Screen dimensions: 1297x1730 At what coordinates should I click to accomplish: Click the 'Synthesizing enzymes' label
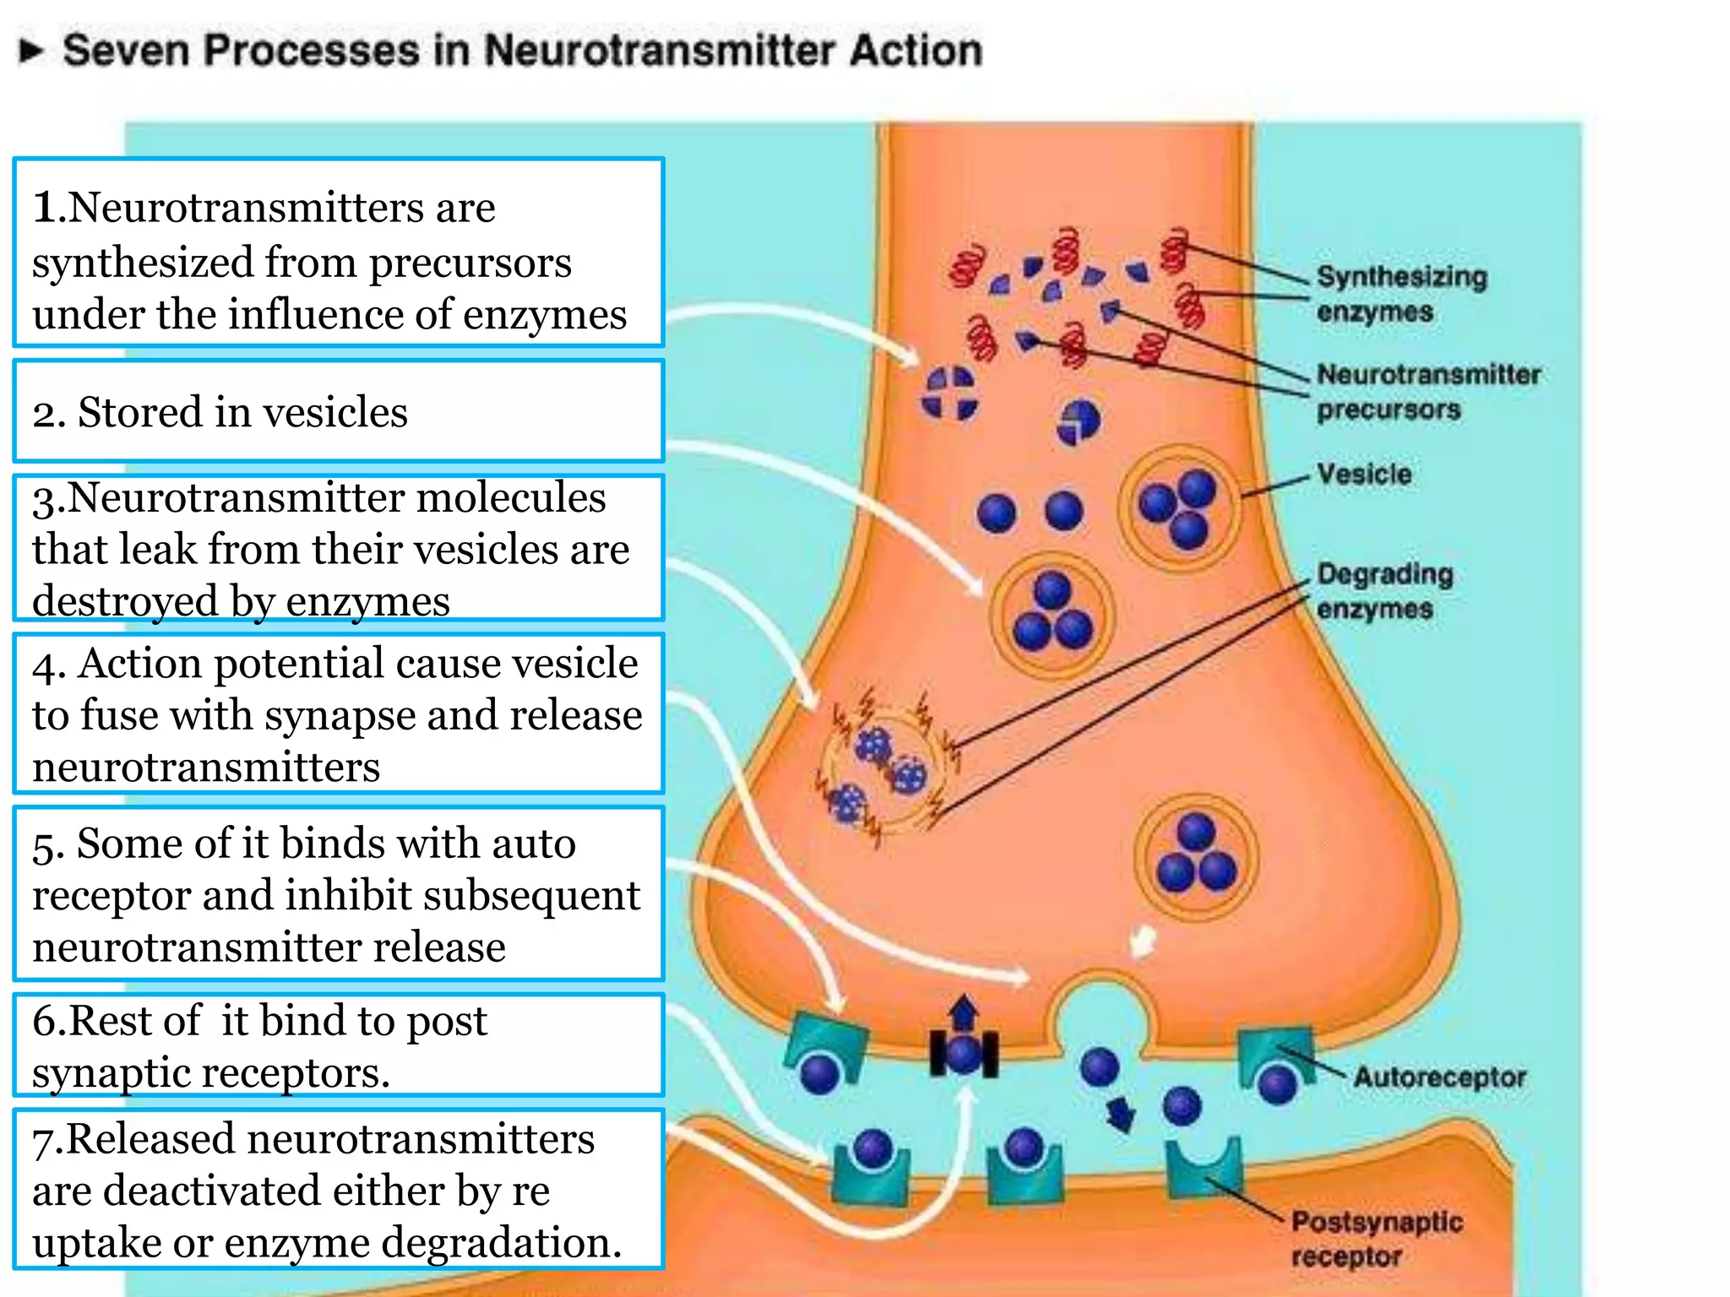(x=1401, y=293)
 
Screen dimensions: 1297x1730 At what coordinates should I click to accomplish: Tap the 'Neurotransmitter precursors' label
(x=1428, y=391)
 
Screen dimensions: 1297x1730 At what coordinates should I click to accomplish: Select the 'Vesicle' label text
(x=1363, y=474)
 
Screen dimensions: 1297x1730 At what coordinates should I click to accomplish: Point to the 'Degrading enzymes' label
(x=1384, y=590)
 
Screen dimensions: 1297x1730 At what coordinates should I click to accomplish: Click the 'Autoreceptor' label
(x=1439, y=1077)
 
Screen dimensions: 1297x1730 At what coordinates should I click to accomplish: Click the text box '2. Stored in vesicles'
(x=338, y=411)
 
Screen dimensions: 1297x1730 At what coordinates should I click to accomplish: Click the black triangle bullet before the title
(x=31, y=51)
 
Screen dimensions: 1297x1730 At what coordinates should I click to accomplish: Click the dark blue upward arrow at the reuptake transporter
(x=964, y=1012)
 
